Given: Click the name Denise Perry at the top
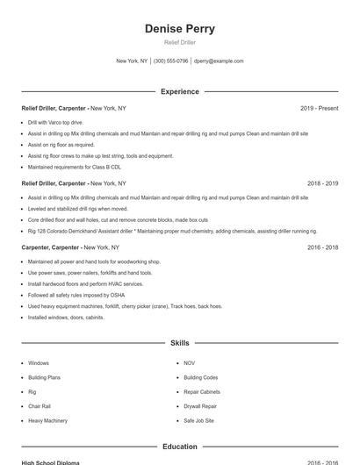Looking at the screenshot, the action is (179, 28).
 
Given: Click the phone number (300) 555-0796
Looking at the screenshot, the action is (170, 61).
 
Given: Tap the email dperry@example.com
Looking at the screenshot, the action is (219, 61).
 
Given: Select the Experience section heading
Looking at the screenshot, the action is (179, 91).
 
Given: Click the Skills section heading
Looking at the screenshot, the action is (179, 343).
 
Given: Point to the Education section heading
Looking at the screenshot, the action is (179, 447).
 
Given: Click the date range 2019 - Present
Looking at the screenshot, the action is (319, 108).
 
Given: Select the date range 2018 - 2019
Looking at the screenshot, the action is (322, 183).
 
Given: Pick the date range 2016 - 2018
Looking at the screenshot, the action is (322, 247).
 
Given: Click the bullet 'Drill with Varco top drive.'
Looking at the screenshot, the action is (55, 123).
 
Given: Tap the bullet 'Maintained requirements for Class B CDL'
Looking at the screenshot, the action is (75, 167).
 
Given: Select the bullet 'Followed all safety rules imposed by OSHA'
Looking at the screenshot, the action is (77, 296).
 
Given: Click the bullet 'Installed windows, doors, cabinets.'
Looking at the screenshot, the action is (66, 318).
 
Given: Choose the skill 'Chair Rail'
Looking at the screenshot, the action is (40, 406).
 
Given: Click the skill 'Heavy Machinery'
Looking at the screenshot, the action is (47, 421).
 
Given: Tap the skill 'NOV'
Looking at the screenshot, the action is (190, 363).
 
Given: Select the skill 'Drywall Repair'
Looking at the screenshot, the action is (200, 406).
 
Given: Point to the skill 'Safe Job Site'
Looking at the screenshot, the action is (199, 421).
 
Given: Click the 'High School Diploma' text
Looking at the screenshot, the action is (50, 462).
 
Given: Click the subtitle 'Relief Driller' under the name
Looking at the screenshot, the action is (179, 42).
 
